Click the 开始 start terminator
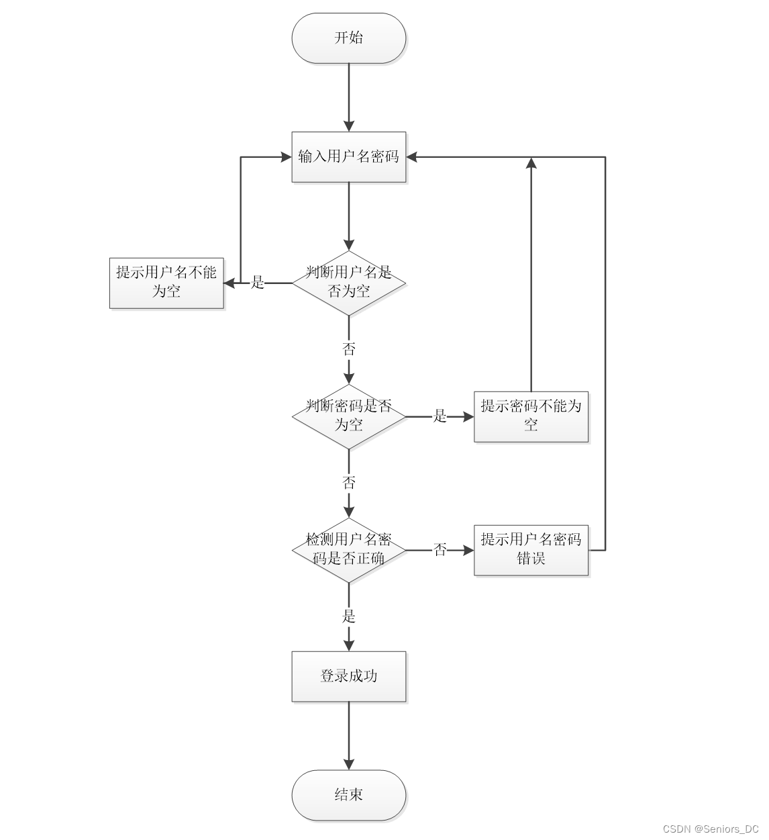point(348,38)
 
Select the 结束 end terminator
point(348,795)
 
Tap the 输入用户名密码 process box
point(348,157)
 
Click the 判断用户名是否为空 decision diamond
point(348,283)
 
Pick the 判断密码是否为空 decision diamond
point(348,416)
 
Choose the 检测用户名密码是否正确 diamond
point(348,550)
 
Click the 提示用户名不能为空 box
point(166,283)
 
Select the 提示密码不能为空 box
point(531,416)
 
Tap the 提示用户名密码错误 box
point(531,550)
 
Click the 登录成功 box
point(348,676)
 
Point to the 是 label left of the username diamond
point(258,283)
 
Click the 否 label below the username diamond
point(349,349)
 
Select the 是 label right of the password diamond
point(440,416)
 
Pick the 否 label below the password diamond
point(349,483)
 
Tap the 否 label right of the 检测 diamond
point(440,550)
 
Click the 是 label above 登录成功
point(349,616)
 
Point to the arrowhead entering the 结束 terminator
point(349,764)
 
